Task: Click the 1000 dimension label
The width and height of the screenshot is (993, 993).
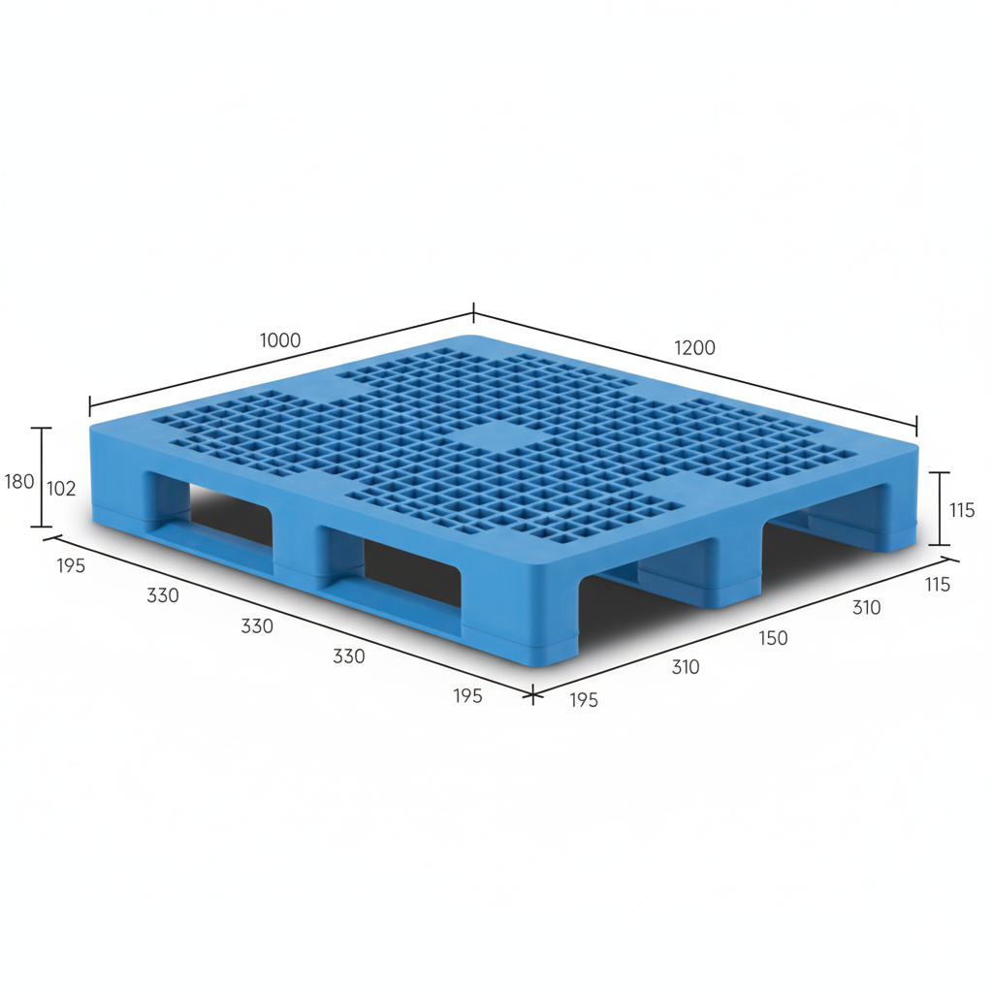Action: (280, 340)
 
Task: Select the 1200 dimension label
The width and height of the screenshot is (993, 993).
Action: (694, 347)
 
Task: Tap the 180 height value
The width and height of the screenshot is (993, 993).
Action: (19, 481)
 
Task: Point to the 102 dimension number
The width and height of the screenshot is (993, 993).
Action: (61, 489)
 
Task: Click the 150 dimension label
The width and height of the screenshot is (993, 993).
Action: (773, 638)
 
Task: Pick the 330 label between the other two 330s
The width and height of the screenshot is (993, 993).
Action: (257, 626)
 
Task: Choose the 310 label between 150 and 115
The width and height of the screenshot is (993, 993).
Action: (866, 608)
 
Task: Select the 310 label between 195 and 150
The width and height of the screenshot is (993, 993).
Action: (685, 667)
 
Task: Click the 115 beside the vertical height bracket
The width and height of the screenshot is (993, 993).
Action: (962, 510)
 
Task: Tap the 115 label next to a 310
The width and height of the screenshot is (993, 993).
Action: (937, 585)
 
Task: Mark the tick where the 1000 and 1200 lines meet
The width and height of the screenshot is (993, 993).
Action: (473, 313)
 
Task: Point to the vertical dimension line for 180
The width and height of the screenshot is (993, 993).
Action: (41, 477)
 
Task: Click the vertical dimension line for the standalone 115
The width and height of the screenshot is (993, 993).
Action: (939, 508)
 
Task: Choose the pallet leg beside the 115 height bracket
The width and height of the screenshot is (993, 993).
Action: (892, 514)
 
